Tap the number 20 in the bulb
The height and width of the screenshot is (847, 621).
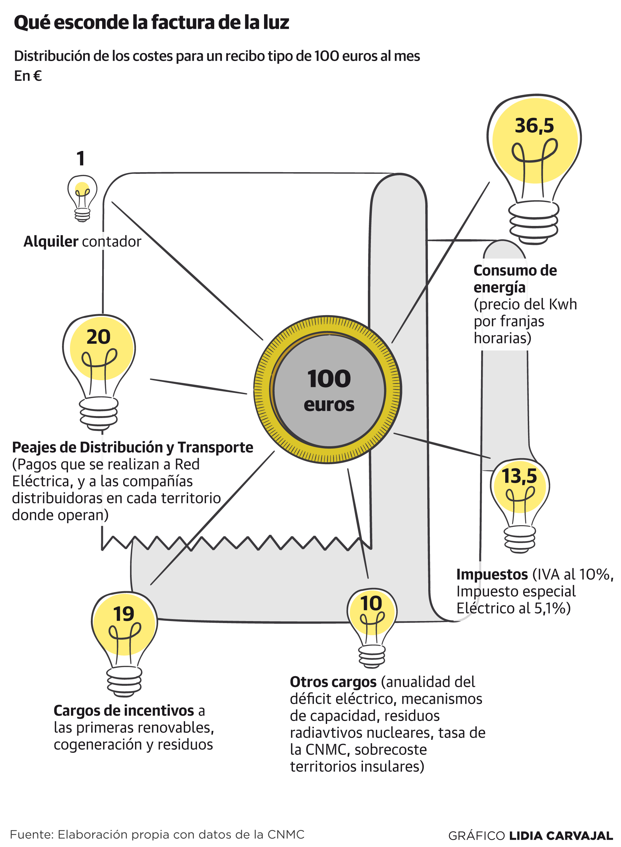pyautogui.click(x=99, y=337)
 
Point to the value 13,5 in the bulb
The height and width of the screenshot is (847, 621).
pyautogui.click(x=519, y=476)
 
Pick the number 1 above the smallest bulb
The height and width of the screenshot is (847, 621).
pyautogui.click(x=80, y=158)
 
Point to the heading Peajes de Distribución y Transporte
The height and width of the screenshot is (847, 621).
pyautogui.click(x=132, y=447)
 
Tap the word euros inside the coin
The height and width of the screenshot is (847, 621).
pyautogui.click(x=329, y=405)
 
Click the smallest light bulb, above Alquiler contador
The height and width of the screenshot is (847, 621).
pyautogui.click(x=82, y=197)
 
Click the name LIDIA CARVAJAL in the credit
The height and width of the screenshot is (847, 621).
pyautogui.click(x=561, y=836)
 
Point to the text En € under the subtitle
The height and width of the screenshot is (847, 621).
pyautogui.click(x=28, y=76)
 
